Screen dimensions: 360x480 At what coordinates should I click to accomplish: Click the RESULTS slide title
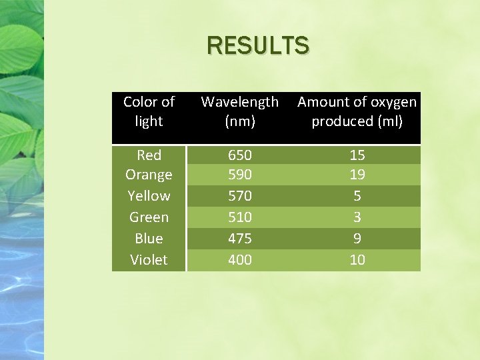pyautogui.click(x=258, y=45)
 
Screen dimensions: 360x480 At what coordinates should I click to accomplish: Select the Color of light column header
pyautogui.click(x=149, y=111)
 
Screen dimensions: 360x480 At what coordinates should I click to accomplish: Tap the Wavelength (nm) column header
pyautogui.click(x=240, y=111)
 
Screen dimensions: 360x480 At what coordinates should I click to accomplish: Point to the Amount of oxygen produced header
pyautogui.click(x=357, y=111)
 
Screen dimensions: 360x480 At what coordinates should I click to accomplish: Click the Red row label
pyautogui.click(x=149, y=155)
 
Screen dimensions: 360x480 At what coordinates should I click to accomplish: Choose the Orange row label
pyautogui.click(x=149, y=175)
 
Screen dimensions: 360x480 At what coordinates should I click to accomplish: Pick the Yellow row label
pyautogui.click(x=149, y=196)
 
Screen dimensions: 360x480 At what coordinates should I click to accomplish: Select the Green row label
pyautogui.click(x=149, y=217)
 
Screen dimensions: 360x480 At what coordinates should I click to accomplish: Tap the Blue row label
pyautogui.click(x=149, y=239)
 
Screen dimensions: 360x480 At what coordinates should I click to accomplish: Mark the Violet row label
pyautogui.click(x=149, y=260)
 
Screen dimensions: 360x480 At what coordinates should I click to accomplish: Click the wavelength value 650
pyautogui.click(x=240, y=155)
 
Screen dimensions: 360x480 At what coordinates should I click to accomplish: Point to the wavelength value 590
pyautogui.click(x=240, y=175)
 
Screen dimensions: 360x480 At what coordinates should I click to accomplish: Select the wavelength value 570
pyautogui.click(x=240, y=196)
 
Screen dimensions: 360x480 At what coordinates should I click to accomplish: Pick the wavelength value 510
pyautogui.click(x=240, y=217)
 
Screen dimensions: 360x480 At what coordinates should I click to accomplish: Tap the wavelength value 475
pyautogui.click(x=240, y=239)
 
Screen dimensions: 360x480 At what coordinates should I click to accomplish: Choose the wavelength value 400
pyautogui.click(x=240, y=260)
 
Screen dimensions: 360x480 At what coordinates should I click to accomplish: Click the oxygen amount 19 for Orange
pyautogui.click(x=357, y=175)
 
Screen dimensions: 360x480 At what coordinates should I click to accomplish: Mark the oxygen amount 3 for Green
pyautogui.click(x=357, y=217)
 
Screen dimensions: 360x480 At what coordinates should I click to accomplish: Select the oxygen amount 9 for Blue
pyautogui.click(x=357, y=239)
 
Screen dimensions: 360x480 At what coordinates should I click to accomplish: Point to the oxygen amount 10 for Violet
pyautogui.click(x=357, y=260)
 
